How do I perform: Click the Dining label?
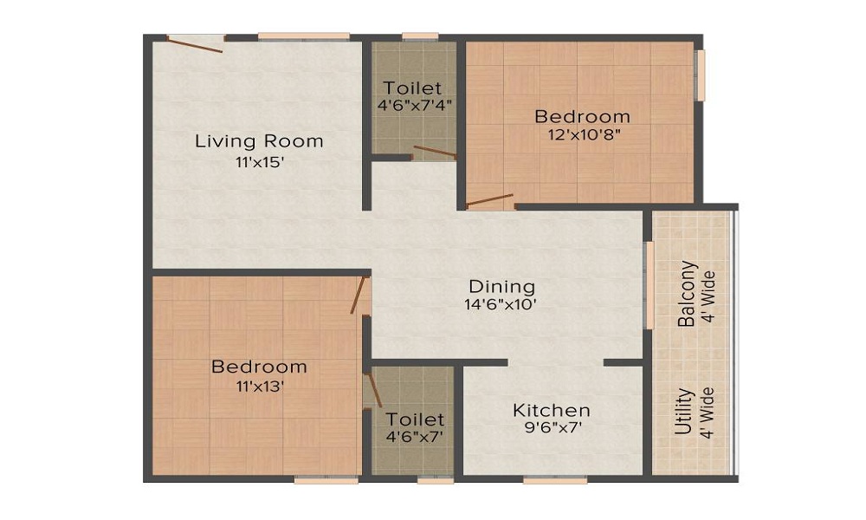tap(501, 286)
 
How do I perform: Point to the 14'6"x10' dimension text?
tap(501, 304)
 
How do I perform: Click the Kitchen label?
tap(552, 410)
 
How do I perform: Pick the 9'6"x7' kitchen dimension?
tap(552, 429)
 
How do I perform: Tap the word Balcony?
tap(687, 293)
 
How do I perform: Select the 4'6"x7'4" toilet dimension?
tap(413, 107)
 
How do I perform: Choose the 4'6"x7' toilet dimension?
tap(414, 437)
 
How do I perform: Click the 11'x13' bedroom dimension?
tap(259, 387)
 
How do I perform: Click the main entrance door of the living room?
tap(196, 42)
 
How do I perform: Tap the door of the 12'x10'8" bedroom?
tap(490, 202)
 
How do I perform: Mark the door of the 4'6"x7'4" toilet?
tap(434, 153)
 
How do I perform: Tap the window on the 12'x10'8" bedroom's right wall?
tap(701, 75)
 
